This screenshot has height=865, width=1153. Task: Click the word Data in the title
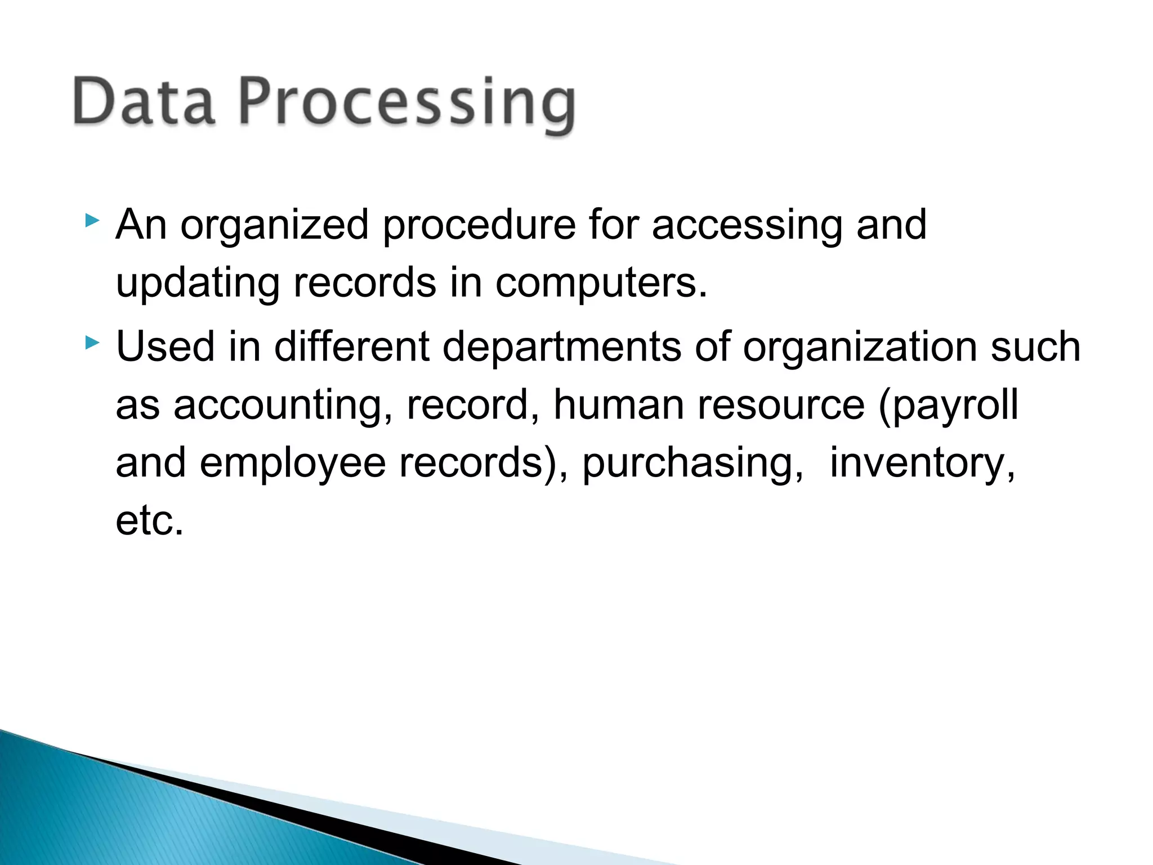coord(144,102)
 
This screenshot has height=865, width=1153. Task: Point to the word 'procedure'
coord(479,225)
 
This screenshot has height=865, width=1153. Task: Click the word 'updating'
coord(198,284)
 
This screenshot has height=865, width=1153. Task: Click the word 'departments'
coord(562,348)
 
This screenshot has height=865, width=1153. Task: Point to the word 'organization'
coord(860,348)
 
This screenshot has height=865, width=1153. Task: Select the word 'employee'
coord(293,465)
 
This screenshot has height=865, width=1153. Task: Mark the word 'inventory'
coord(922,465)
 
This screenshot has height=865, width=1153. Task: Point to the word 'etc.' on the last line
coord(150,521)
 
